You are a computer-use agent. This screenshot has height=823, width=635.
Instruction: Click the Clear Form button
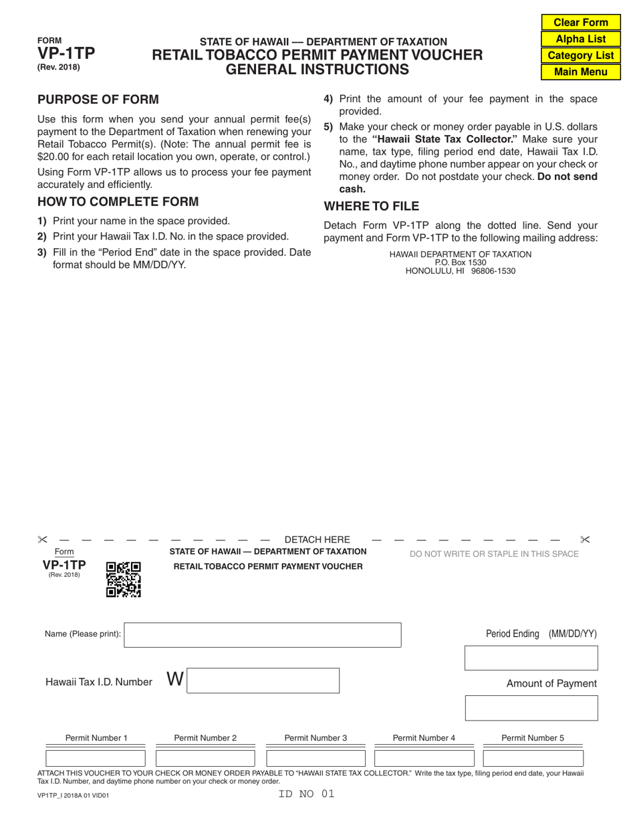point(581,22)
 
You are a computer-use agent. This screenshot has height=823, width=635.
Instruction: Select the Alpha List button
point(581,39)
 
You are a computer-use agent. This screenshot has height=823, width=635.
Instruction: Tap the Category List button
point(581,56)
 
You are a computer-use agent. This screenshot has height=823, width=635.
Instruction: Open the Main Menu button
point(581,72)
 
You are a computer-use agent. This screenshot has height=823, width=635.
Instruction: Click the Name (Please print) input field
point(263,635)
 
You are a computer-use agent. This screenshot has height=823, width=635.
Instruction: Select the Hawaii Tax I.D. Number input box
point(263,680)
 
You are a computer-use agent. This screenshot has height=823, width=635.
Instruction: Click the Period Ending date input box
point(531,658)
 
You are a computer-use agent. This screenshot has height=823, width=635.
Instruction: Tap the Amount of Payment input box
point(531,708)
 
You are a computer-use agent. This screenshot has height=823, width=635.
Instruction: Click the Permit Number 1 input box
point(96,758)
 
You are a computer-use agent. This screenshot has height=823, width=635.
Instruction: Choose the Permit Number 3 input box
point(315,758)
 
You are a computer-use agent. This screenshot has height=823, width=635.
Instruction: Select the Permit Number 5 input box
point(533,758)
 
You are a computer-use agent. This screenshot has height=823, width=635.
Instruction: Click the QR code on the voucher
point(124,579)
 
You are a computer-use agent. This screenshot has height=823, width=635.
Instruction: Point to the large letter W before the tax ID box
point(174,679)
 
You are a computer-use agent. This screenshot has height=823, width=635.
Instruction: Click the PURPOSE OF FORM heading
point(98,100)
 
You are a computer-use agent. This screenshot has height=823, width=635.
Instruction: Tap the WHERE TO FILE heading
point(372,206)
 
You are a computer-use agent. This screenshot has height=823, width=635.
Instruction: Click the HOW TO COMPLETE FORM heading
point(118,201)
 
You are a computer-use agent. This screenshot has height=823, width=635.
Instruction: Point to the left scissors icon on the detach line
point(43,540)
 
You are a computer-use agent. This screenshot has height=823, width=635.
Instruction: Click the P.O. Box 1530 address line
point(461,263)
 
